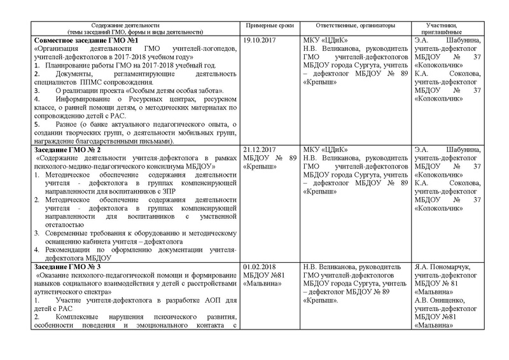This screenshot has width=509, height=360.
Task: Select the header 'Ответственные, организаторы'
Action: coord(350,25)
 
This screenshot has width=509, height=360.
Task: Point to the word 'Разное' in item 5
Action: coord(65,123)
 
